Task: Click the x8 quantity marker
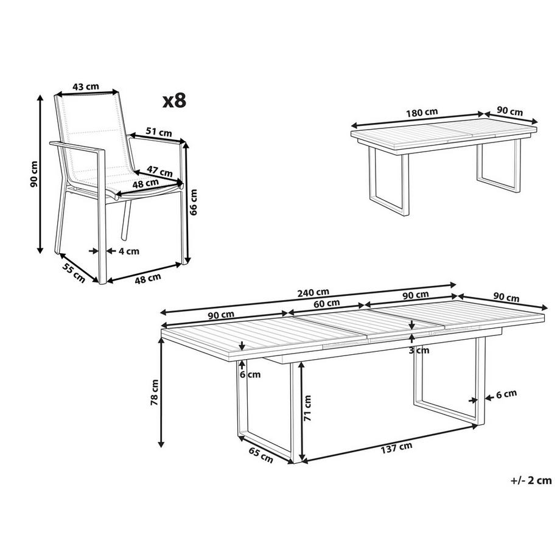[174, 100]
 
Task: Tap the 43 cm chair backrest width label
[86, 86]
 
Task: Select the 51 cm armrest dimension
[159, 132]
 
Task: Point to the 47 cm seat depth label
[159, 171]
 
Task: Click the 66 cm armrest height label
[194, 202]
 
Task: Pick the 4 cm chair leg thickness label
[128, 251]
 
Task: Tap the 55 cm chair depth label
[74, 273]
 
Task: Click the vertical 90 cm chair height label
[34, 174]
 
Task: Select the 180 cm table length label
[422, 113]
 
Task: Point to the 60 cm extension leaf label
[327, 304]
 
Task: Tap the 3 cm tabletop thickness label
[419, 351]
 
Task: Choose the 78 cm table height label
[155, 392]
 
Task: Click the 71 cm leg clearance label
[307, 408]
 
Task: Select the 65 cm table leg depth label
[261, 455]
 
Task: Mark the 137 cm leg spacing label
[396, 448]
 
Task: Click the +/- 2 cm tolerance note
[531, 480]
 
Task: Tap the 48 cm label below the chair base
[148, 278]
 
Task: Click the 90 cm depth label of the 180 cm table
[509, 111]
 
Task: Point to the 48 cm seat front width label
[145, 184]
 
